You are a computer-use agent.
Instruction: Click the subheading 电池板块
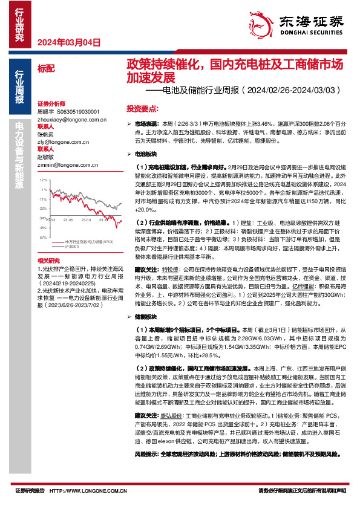pos(145,154)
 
